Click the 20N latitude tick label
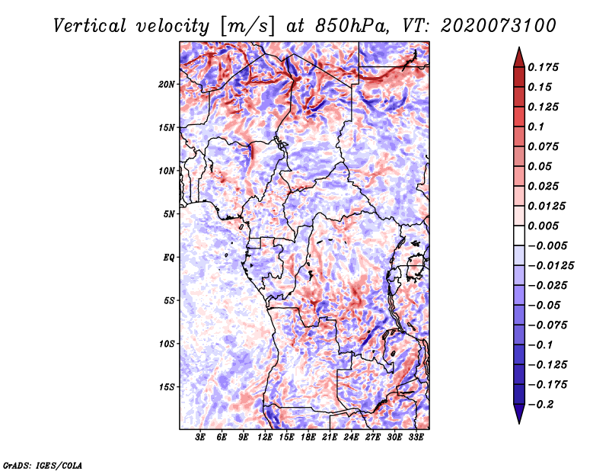click(x=167, y=84)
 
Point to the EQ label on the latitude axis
click(x=169, y=258)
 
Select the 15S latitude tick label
click(x=167, y=387)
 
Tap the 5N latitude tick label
click(x=170, y=214)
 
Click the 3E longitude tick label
click(x=201, y=438)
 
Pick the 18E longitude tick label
click(x=308, y=438)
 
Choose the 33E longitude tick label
click(x=416, y=438)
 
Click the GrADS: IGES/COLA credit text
click(x=42, y=464)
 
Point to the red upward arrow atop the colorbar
click(x=518, y=56)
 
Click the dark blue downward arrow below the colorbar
click(x=518, y=414)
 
